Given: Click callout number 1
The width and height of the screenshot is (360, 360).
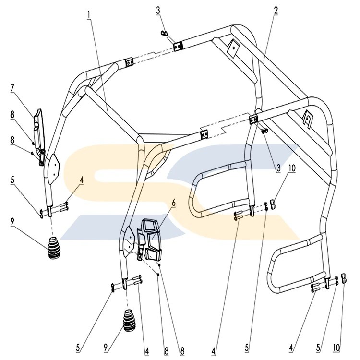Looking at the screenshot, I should (89, 14).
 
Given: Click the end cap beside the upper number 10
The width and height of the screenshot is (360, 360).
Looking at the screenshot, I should (272, 204).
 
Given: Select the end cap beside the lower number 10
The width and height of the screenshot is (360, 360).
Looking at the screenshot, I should (343, 278).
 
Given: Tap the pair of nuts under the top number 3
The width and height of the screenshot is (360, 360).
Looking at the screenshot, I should (164, 34).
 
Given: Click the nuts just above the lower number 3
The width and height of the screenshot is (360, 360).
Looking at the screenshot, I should (265, 132).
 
